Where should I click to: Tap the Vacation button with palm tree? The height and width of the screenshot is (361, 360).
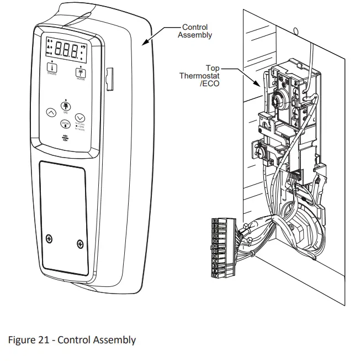(x=81, y=71)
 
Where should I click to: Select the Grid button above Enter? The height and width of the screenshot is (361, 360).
(x=65, y=106)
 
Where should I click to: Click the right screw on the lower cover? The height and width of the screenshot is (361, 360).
(x=81, y=243)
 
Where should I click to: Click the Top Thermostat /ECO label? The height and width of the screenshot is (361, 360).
(x=199, y=76)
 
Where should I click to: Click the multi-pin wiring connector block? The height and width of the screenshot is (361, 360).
(x=218, y=247)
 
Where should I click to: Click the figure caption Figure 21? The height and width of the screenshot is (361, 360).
(x=72, y=339)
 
